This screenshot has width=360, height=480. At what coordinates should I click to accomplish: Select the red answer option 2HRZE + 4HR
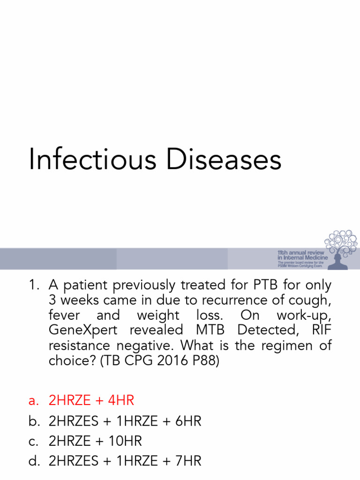point(91,401)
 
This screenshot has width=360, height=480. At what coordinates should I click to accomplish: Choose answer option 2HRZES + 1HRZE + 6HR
point(125,421)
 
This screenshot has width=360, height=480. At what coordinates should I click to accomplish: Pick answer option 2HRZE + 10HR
point(95,441)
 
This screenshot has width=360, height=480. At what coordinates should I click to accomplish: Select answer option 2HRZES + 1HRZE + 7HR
point(125,461)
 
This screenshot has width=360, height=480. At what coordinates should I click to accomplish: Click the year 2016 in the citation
point(172,361)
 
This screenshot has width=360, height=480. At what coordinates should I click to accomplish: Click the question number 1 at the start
point(33,285)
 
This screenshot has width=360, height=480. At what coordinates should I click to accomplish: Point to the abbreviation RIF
point(321,330)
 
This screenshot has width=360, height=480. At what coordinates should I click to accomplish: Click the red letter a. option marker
point(33,401)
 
